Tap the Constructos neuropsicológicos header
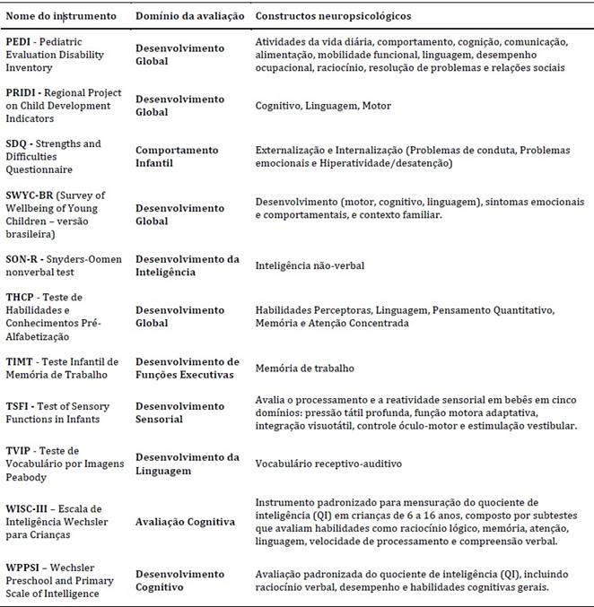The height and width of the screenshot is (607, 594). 333,17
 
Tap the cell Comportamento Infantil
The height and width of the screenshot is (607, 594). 177,156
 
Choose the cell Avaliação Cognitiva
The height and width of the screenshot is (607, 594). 186,523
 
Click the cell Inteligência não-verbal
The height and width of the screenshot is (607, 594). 310,265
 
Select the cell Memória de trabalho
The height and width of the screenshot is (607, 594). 305,368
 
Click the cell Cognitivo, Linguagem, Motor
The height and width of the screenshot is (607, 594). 323,106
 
